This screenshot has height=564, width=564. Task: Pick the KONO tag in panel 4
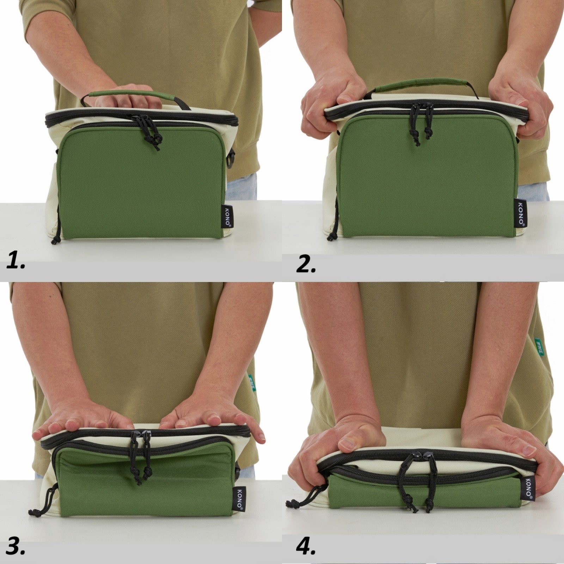(528, 489)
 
